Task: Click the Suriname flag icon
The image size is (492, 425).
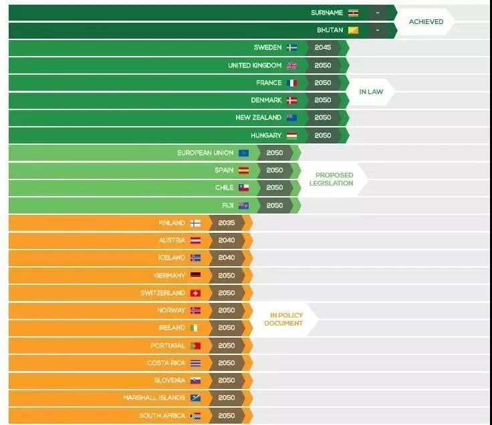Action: click(x=353, y=13)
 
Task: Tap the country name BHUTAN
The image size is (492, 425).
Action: click(x=330, y=30)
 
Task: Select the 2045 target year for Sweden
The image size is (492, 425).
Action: click(x=322, y=48)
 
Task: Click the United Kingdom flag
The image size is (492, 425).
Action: click(x=291, y=65)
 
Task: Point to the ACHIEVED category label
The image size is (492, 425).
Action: click(x=426, y=21)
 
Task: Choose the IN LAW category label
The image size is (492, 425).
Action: click(x=371, y=91)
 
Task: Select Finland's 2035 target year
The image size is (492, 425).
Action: click(x=227, y=223)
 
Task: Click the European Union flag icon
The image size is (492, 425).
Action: click(x=243, y=153)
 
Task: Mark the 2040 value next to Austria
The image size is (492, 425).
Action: click(x=227, y=240)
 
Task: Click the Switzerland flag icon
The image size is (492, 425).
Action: click(x=195, y=293)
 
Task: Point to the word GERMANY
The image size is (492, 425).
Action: click(x=170, y=275)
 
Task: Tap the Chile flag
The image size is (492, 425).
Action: click(x=243, y=187)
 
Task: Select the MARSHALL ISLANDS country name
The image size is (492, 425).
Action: click(x=154, y=398)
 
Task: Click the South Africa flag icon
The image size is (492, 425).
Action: click(x=195, y=415)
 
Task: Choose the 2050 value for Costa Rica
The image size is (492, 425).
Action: click(x=227, y=363)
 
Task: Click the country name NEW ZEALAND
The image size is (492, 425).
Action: click(x=259, y=117)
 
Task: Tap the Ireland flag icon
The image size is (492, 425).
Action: click(x=195, y=328)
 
